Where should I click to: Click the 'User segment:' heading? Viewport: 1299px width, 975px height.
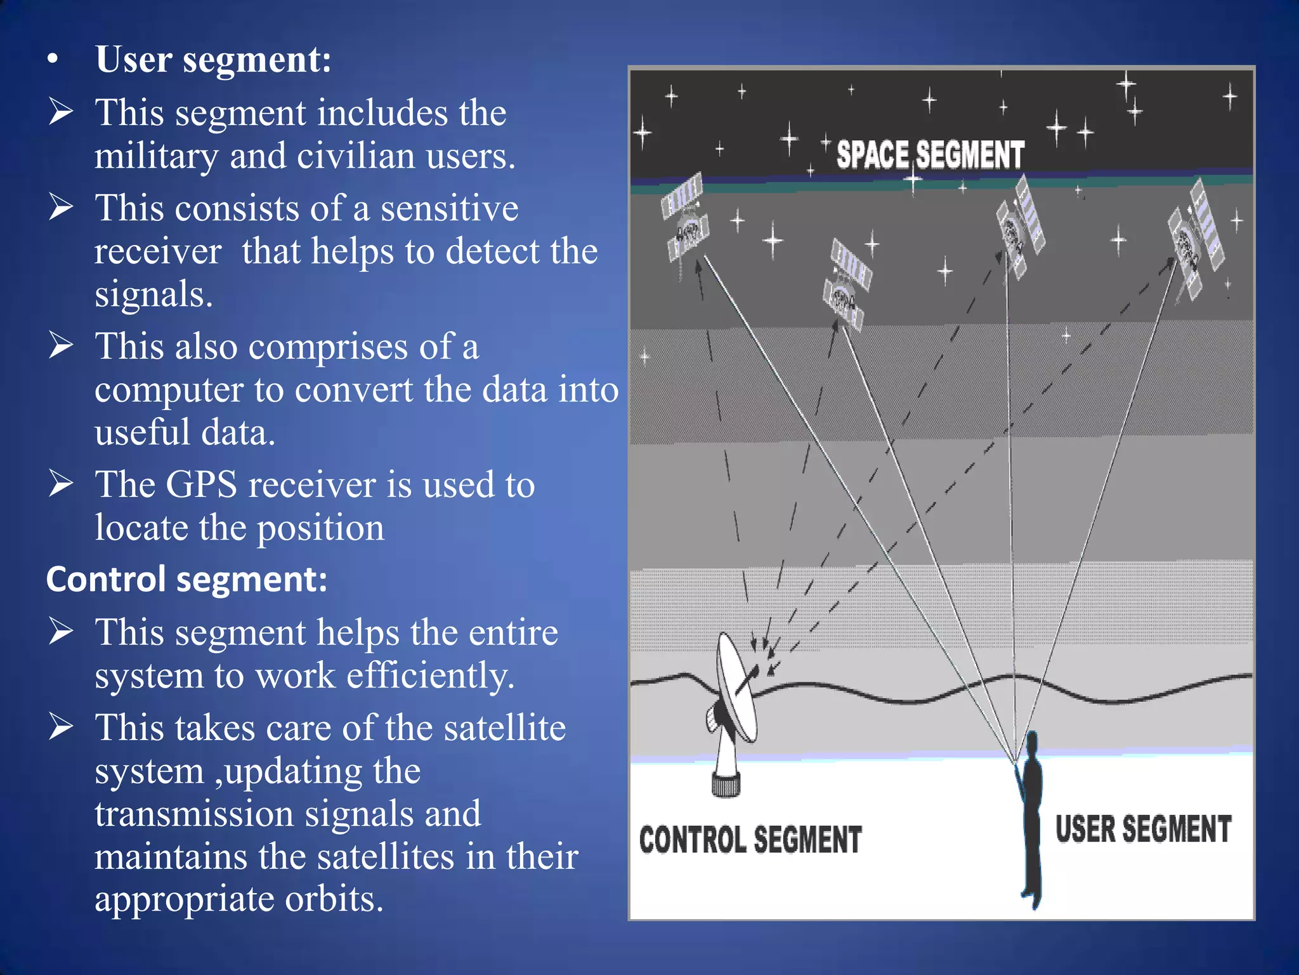213,60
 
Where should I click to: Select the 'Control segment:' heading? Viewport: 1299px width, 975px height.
186,579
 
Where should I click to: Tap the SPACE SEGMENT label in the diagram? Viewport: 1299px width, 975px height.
930,155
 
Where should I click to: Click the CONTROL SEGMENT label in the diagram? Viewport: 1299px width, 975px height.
750,840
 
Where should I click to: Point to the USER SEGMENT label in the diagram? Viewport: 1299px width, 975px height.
1143,829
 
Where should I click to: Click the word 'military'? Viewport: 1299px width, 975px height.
156,156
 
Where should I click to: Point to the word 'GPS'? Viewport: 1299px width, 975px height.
201,485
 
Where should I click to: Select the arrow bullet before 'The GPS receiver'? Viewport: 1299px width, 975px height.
61,484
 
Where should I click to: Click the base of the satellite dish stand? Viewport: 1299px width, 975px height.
726,784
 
